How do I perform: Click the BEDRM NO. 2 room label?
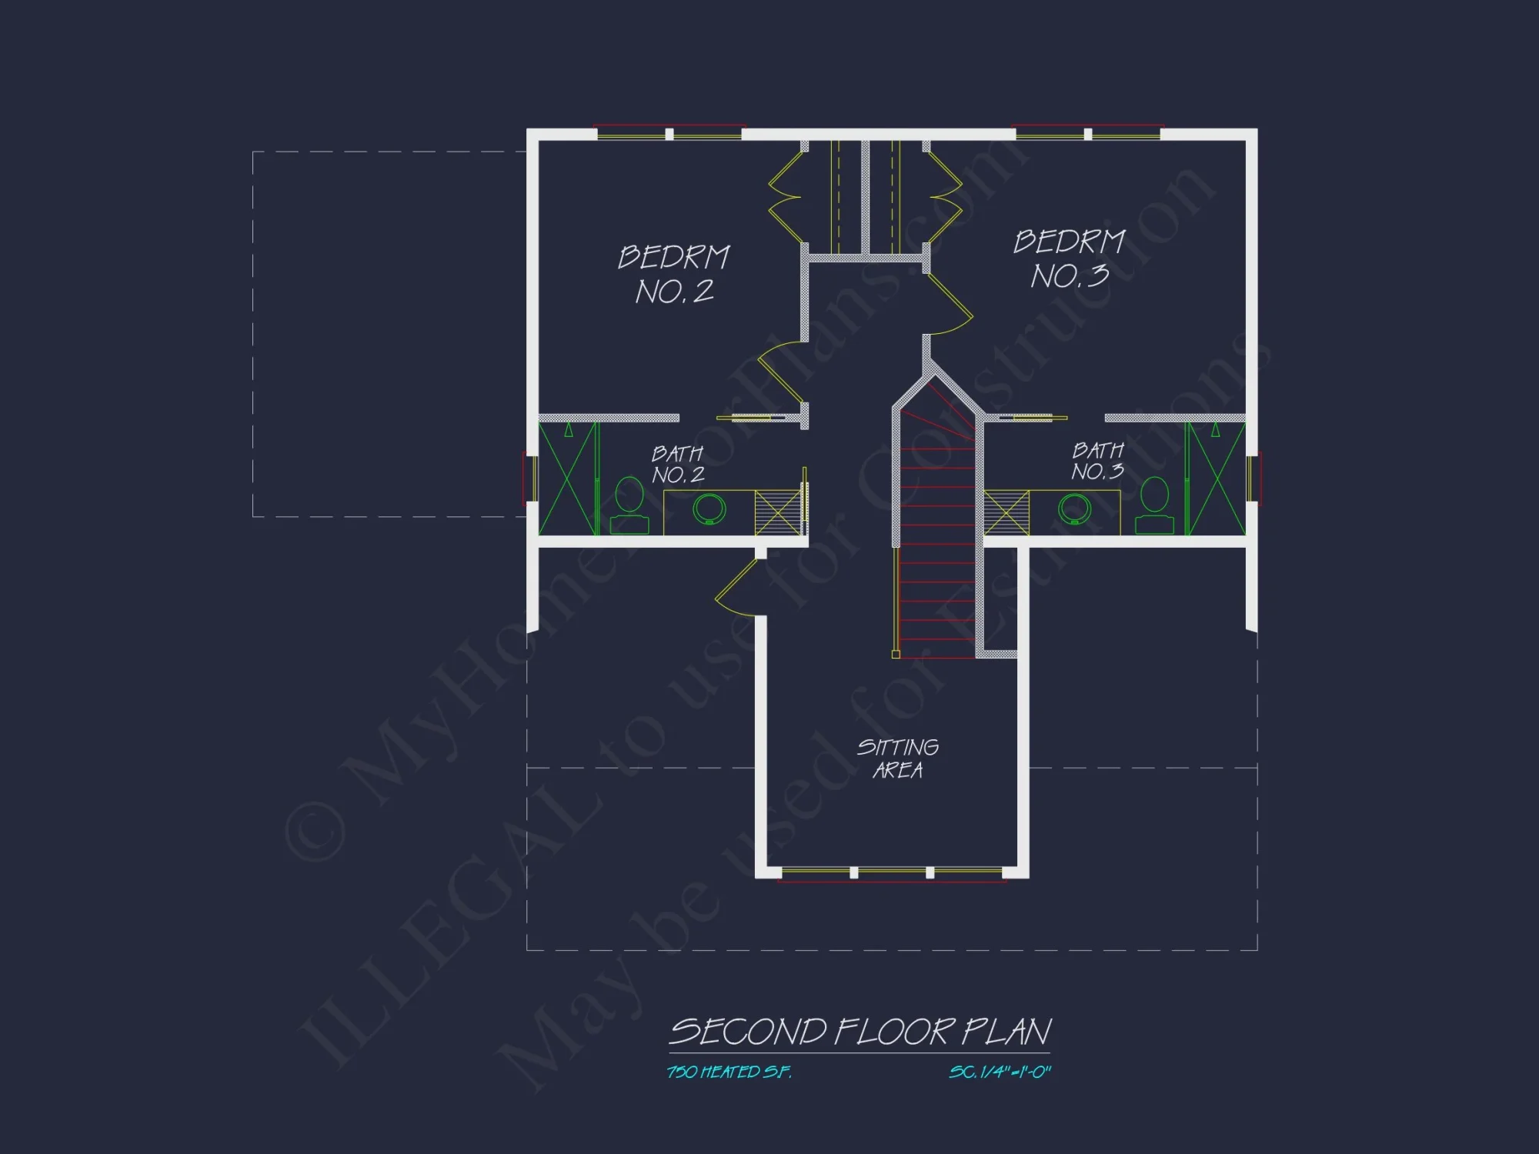click(x=674, y=274)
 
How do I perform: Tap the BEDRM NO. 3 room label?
click(x=1069, y=258)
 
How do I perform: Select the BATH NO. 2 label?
click(x=678, y=464)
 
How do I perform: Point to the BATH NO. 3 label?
click(x=1098, y=461)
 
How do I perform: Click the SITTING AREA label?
click(x=898, y=759)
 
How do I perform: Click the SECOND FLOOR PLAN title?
click(x=860, y=1032)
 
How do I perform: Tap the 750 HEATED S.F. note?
click(x=729, y=1072)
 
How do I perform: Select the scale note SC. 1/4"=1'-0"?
click(x=1000, y=1072)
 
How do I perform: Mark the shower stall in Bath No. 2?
click(x=568, y=478)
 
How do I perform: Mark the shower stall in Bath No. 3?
click(x=1216, y=478)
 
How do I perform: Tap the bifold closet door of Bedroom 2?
click(x=785, y=196)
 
